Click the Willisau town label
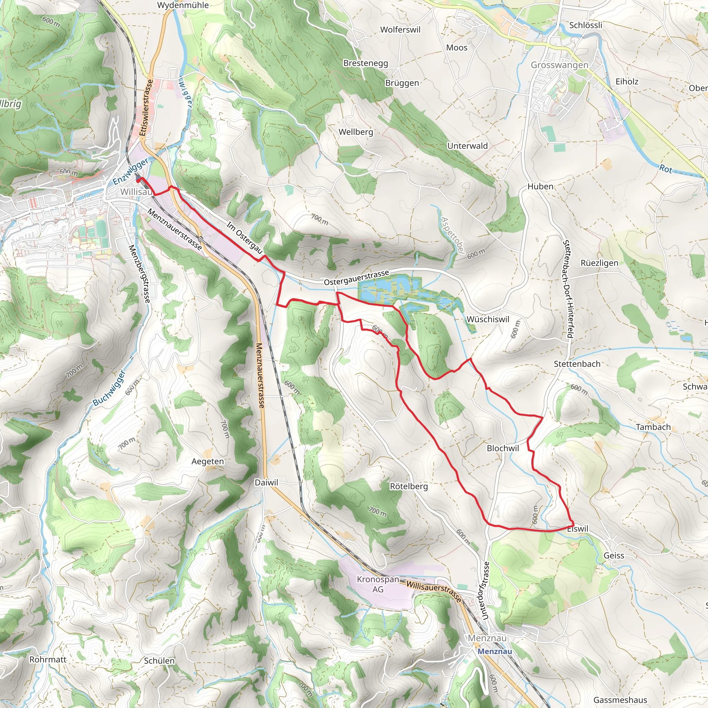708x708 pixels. (x=136, y=192)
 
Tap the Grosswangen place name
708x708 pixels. (x=559, y=65)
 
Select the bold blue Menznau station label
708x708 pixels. (x=495, y=651)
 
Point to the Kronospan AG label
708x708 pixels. (x=378, y=584)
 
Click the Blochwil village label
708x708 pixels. (x=503, y=448)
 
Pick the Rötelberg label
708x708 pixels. (x=409, y=486)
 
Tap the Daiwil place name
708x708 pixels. (x=267, y=483)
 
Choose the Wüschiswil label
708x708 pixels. (x=488, y=319)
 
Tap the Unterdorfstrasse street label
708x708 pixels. (x=485, y=591)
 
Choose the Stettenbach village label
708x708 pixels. (x=577, y=364)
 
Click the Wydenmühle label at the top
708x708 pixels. (x=183, y=5)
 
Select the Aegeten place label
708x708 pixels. (x=207, y=462)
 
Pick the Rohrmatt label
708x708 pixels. (x=48, y=660)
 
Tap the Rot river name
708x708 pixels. (x=666, y=169)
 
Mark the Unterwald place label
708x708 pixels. (x=467, y=146)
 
